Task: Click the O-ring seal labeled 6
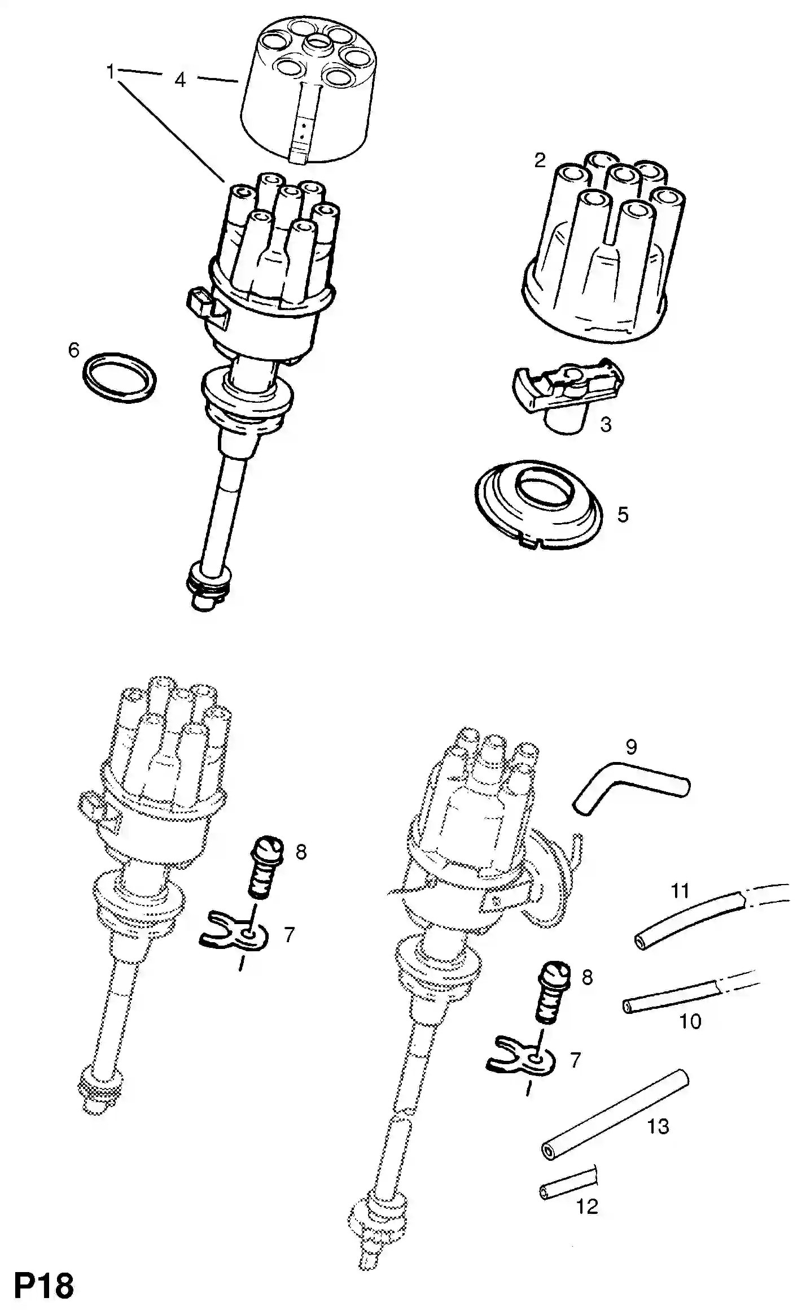point(119,378)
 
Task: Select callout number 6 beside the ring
point(74,350)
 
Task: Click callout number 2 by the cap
point(540,160)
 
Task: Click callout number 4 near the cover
point(179,80)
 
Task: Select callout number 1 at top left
point(111,71)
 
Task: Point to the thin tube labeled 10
point(672,1000)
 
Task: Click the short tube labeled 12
point(567,1182)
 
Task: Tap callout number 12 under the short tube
point(586,1207)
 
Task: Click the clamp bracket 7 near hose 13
point(520,1062)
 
